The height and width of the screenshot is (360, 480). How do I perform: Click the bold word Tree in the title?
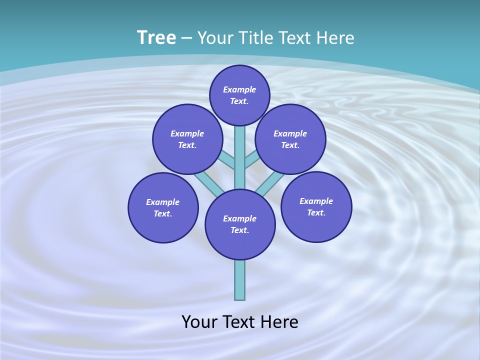tap(156, 38)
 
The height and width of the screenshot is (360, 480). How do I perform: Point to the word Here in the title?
tap(335, 38)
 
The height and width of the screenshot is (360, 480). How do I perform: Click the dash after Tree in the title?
tap(186, 38)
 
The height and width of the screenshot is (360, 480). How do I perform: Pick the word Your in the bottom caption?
tap(199, 322)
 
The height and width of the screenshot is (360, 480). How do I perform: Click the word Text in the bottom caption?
tap(237, 322)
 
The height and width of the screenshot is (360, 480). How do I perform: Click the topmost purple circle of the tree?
tap(239, 95)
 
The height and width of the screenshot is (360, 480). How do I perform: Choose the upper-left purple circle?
tap(187, 139)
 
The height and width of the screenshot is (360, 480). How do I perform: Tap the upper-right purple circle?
tap(290, 139)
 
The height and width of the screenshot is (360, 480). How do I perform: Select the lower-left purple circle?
tap(163, 207)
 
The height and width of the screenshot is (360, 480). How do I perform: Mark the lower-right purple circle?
tap(316, 206)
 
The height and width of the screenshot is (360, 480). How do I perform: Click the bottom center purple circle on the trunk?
tap(240, 224)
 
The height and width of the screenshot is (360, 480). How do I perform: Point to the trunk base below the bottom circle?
tap(240, 280)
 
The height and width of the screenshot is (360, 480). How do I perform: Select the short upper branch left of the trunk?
tap(228, 159)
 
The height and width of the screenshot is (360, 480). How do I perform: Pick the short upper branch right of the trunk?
tap(251, 159)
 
